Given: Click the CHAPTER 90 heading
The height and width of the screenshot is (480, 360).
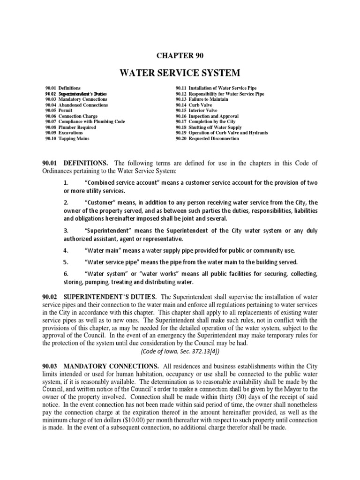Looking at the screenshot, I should pyautogui.click(x=180, y=55).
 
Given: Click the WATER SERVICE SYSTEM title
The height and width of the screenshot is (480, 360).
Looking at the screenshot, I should pyautogui.click(x=180, y=73).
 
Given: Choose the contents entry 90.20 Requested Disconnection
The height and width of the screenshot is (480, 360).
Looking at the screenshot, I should pyautogui.click(x=207, y=139).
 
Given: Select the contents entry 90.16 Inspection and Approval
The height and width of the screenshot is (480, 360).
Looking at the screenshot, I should pyautogui.click(x=207, y=116).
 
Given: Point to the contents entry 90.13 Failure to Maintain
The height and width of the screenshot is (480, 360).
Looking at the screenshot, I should pyautogui.click(x=202, y=99).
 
